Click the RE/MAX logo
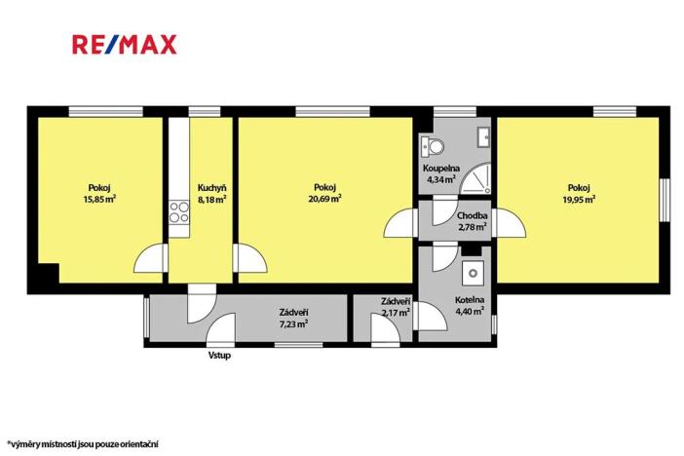pyautogui.click(x=124, y=45)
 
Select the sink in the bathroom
pyautogui.click(x=481, y=136)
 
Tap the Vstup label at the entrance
pyautogui.click(x=219, y=355)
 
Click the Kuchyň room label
pyautogui.click(x=211, y=188)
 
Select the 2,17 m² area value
pyautogui.click(x=395, y=312)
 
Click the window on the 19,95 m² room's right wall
pyautogui.click(x=665, y=206)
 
